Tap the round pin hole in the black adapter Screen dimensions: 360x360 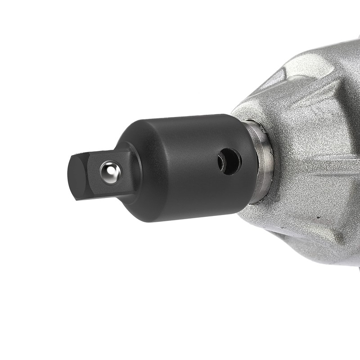click(x=229, y=162)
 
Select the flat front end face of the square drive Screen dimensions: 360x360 click(x=77, y=177)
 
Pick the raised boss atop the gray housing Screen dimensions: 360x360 click(x=306, y=67)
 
